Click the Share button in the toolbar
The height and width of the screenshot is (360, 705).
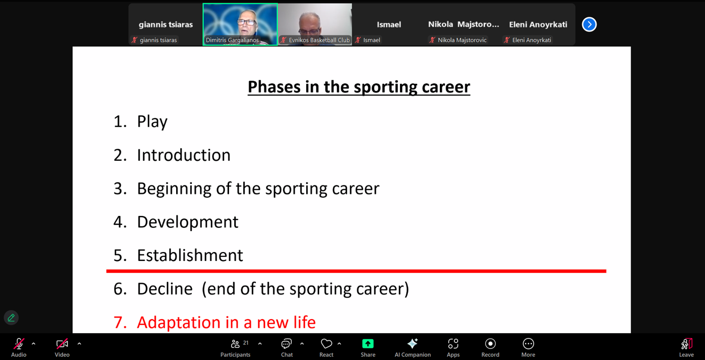(367, 344)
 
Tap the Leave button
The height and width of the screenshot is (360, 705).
(687, 344)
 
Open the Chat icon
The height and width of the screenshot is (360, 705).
(286, 344)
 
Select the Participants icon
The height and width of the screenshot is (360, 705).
(235, 344)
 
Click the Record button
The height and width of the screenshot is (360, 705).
(490, 344)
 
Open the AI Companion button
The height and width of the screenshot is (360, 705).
(413, 344)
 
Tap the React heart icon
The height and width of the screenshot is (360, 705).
(326, 344)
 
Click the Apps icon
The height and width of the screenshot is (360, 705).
(453, 344)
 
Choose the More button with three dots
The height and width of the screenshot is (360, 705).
(528, 344)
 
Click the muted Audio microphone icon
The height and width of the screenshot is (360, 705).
(18, 344)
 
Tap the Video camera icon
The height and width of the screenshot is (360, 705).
(62, 344)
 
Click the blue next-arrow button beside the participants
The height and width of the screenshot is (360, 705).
(589, 25)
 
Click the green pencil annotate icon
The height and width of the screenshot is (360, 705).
(12, 318)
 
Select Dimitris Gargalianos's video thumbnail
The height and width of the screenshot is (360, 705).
(240, 24)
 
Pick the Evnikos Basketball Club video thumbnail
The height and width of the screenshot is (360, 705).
(314, 24)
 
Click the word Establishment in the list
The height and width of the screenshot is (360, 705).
(190, 255)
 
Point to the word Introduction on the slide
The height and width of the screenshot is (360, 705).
(183, 155)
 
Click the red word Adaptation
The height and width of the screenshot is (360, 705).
(178, 323)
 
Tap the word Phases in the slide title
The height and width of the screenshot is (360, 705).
(274, 87)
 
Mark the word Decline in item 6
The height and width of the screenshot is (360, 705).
(165, 289)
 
